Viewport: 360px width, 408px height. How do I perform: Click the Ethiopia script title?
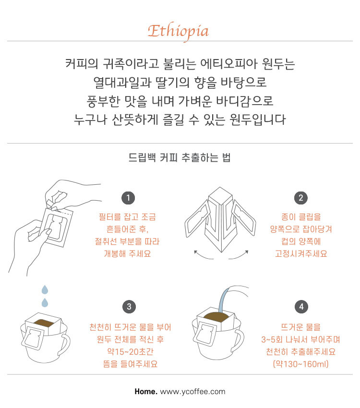(x=179, y=32)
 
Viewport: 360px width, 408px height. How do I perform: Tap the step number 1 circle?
(x=128, y=198)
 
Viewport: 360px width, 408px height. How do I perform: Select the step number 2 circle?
(x=301, y=198)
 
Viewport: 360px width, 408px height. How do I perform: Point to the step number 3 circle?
(x=129, y=307)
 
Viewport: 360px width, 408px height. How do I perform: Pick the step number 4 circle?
(x=301, y=307)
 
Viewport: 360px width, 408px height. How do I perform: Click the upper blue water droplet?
(x=45, y=289)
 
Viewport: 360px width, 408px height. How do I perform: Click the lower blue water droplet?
(x=45, y=302)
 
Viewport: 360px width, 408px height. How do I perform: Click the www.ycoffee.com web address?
(x=193, y=392)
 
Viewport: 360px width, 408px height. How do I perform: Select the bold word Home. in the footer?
(x=146, y=391)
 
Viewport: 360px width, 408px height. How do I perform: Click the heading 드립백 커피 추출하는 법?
(x=180, y=157)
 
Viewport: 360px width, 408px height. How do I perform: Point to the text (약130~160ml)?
(x=301, y=364)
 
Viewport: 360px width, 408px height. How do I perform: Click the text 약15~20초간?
(x=130, y=351)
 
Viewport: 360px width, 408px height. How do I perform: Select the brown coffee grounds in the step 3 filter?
(x=43, y=323)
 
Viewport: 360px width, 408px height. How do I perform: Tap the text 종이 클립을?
(x=301, y=217)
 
